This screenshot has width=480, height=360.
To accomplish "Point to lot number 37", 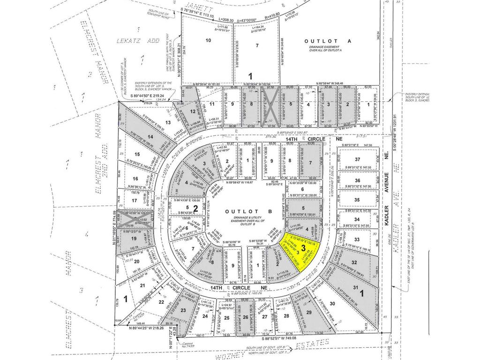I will click(x=357, y=160).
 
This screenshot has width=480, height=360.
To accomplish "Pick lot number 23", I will click(x=183, y=310).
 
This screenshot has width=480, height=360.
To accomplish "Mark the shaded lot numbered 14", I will click(x=150, y=136).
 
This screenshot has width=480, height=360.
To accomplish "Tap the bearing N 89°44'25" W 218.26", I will click(x=150, y=328).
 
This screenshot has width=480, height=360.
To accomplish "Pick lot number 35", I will click(x=357, y=200).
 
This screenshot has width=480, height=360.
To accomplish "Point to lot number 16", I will click(x=135, y=179).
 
